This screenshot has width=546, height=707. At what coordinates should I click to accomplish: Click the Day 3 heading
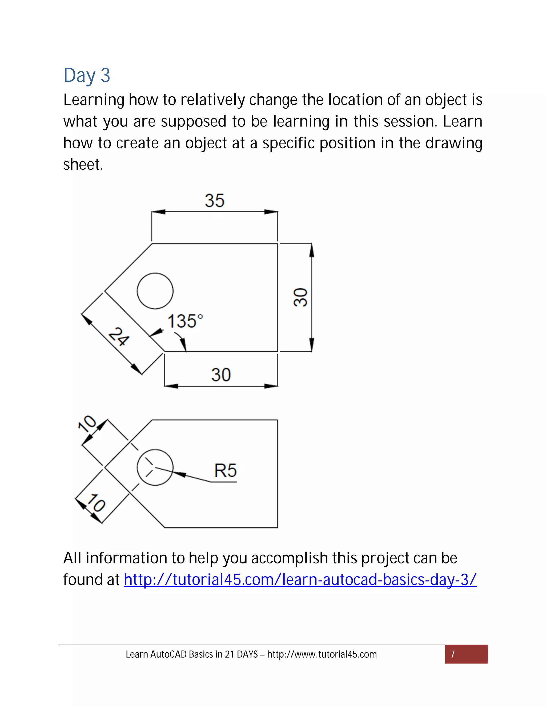pyautogui.click(x=87, y=76)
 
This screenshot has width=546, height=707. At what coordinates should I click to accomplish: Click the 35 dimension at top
pyautogui.click(x=214, y=200)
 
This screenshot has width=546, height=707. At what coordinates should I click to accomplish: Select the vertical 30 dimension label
pyautogui.click(x=300, y=297)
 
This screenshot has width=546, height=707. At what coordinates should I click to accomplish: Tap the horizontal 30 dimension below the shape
pyautogui.click(x=221, y=375)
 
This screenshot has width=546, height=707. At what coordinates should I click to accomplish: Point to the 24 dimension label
pyautogui.click(x=118, y=337)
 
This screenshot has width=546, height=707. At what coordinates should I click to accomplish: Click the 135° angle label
pyautogui.click(x=185, y=321)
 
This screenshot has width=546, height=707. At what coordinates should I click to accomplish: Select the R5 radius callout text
pyautogui.click(x=226, y=470)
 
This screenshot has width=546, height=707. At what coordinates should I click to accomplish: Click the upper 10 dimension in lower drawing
pyautogui.click(x=87, y=423)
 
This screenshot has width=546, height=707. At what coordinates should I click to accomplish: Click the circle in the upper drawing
pyautogui.click(x=155, y=291)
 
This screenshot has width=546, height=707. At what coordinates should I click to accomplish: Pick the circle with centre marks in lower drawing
pyautogui.click(x=155, y=467)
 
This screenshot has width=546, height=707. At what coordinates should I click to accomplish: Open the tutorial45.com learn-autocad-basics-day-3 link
pyautogui.click(x=300, y=579)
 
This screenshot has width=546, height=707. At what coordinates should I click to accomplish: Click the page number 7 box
pyautogui.click(x=466, y=654)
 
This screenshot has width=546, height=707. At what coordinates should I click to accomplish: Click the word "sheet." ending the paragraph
pyautogui.click(x=83, y=164)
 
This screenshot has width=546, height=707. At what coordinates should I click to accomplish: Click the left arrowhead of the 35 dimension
pyautogui.click(x=159, y=212)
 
